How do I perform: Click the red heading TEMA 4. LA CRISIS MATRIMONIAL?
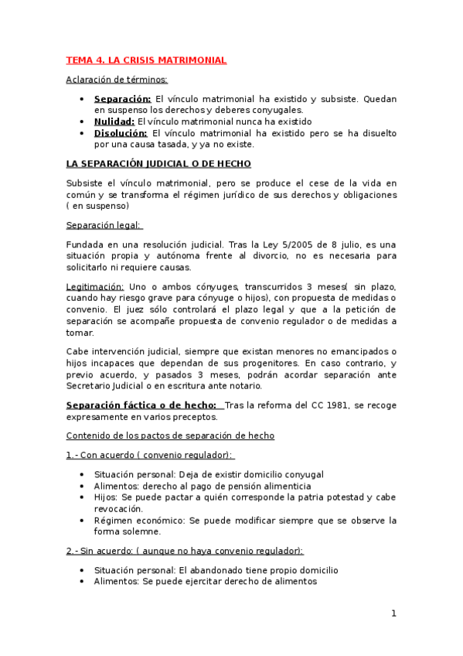[x=146, y=60]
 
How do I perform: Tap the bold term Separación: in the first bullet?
[x=122, y=99]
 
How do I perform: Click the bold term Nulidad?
[x=114, y=121]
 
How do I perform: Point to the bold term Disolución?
[x=121, y=133]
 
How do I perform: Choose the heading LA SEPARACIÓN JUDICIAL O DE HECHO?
[x=158, y=164]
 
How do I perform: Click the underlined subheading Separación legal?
[x=104, y=225]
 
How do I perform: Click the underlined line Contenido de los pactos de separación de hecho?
[x=170, y=436]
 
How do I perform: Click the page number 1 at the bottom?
[x=393, y=613]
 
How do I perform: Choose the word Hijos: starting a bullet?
[x=107, y=497]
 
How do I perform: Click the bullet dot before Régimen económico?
[x=83, y=521]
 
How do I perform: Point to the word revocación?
[x=117, y=509]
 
